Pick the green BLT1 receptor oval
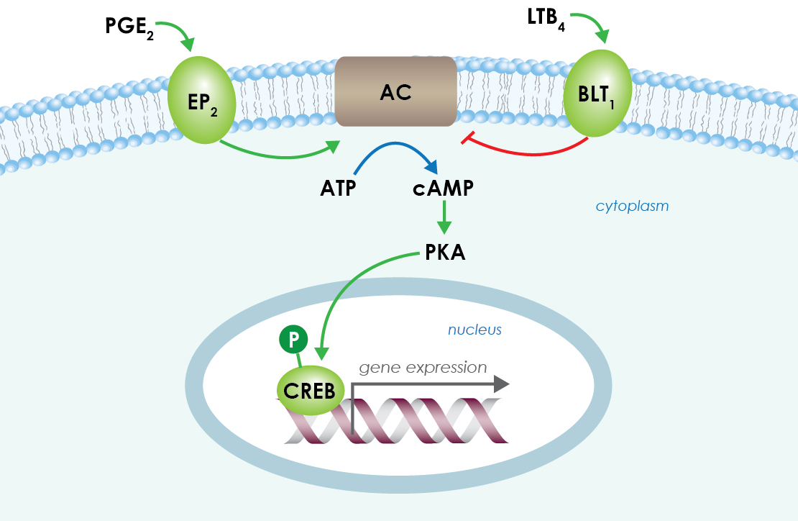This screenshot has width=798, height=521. tap(597, 94)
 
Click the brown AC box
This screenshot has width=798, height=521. tap(395, 92)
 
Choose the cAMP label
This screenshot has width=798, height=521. tap(443, 189)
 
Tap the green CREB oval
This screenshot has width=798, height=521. tap(310, 391)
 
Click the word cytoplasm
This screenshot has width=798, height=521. tap(632, 207)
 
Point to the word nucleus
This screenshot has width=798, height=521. tap(474, 330)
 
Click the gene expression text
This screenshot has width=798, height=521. tap(423, 368)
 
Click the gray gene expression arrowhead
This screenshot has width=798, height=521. tap(500, 385)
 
